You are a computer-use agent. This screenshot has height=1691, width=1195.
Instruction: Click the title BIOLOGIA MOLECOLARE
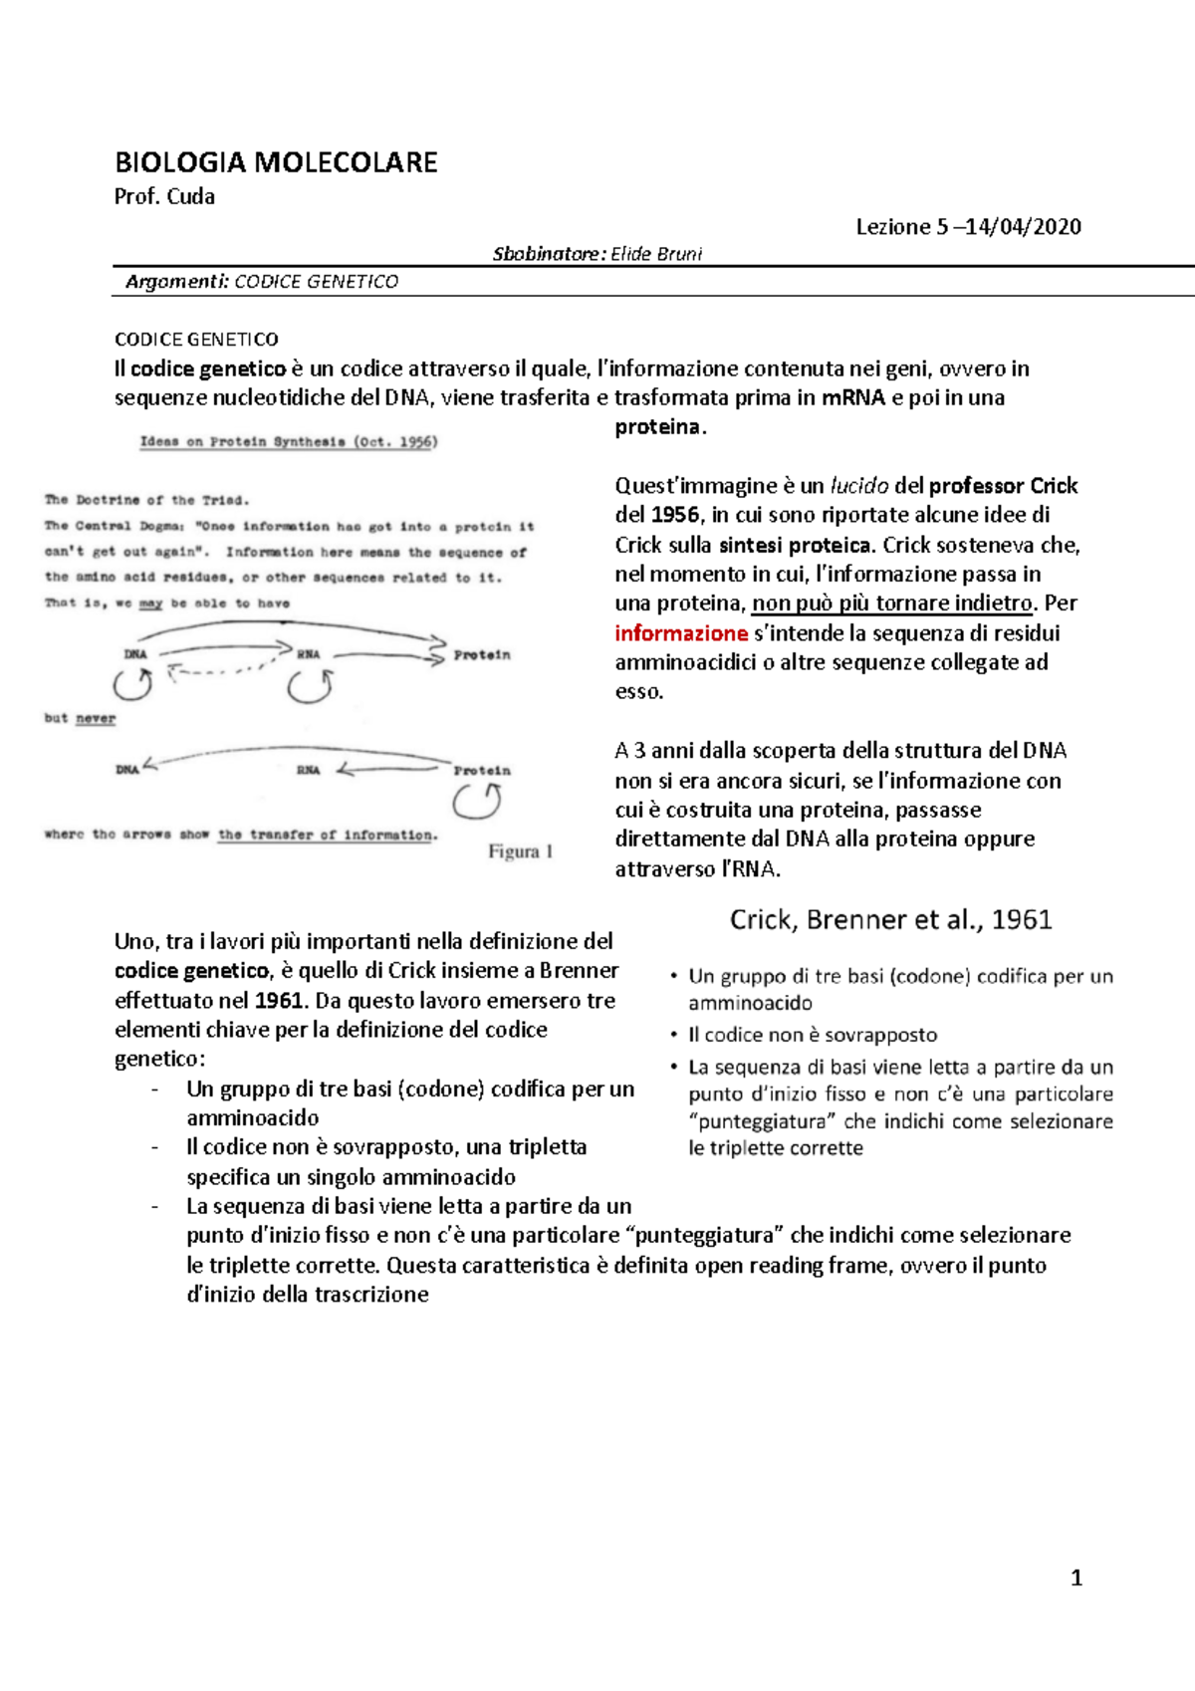276,162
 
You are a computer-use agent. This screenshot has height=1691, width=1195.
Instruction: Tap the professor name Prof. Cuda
164,196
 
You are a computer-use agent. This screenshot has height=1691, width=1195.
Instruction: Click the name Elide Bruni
656,254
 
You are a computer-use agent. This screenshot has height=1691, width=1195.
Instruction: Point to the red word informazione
681,633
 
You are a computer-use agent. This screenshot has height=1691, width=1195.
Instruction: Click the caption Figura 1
520,851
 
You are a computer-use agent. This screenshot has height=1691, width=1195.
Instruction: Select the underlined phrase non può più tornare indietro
892,604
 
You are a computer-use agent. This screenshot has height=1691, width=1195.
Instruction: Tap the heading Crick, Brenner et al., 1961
890,919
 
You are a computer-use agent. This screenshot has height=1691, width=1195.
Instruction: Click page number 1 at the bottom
1075,1577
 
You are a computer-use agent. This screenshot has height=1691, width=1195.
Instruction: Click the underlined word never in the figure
96,718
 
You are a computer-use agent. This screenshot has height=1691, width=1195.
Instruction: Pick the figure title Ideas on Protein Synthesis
288,441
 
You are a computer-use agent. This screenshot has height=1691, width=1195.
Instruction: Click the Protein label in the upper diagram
482,655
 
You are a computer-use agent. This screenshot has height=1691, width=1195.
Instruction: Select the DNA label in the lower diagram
127,770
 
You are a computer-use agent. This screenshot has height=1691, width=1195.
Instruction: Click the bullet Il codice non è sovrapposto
813,1035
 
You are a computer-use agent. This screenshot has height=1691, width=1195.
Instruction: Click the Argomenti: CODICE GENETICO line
262,282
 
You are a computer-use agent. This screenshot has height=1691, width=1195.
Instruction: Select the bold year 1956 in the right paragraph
674,515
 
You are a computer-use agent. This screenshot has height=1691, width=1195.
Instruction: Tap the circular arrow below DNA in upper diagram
132,685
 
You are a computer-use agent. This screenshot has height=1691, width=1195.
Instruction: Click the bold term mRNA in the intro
853,397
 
